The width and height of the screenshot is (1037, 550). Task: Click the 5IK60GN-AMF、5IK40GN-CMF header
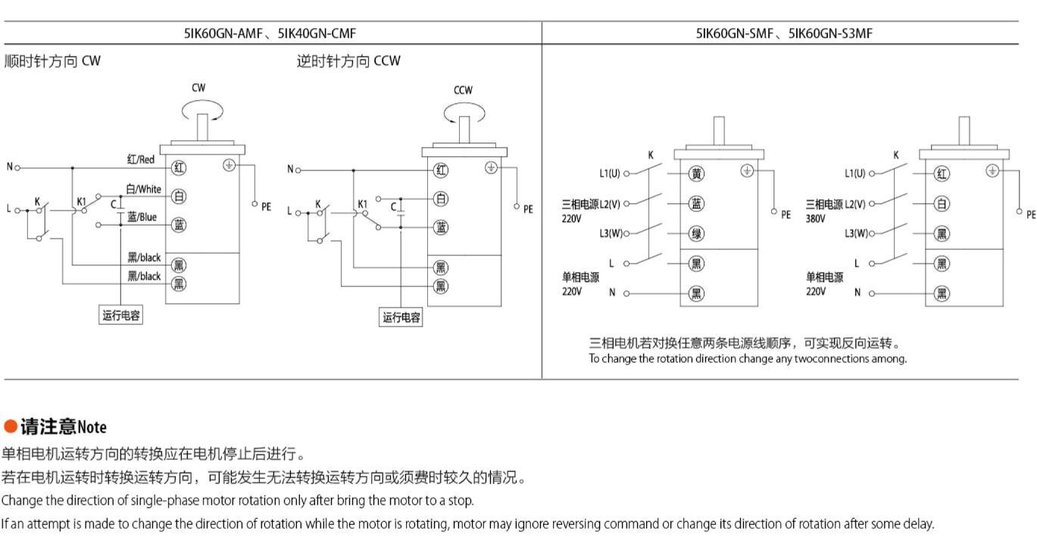point(270,33)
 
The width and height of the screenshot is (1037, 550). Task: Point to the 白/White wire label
point(143,189)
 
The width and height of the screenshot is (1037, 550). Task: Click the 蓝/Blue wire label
point(142,217)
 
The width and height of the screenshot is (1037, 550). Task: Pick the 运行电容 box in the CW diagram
point(121,315)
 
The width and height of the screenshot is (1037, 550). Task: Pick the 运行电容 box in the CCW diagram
point(401,317)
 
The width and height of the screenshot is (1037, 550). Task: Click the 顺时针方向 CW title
point(52,61)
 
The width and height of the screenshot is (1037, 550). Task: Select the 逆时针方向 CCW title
point(348,61)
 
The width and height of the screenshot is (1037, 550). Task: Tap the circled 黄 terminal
point(696,173)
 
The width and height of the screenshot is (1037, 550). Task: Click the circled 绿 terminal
point(696,233)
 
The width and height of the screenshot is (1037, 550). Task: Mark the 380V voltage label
point(816,218)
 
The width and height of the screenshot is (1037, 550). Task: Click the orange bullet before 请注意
point(10,427)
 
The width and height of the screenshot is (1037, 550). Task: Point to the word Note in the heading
point(92,427)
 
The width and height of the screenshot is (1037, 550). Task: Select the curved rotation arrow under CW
point(202,111)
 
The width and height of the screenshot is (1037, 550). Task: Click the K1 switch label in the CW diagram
point(82,202)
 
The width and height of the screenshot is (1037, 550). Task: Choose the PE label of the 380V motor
point(1031,215)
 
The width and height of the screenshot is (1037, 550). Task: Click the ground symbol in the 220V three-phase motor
point(747,171)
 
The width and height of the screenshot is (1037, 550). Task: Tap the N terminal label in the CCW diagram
point(289,170)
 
